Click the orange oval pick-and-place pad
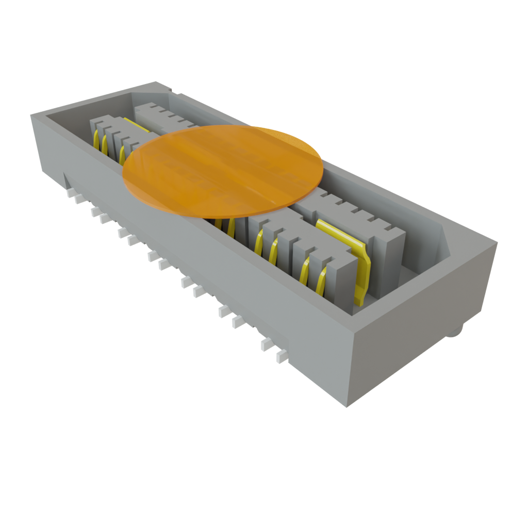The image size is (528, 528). click(x=223, y=170)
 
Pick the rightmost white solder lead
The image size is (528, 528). click(x=281, y=356)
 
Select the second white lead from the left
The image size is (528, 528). click(x=80, y=199)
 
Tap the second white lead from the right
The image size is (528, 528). click(x=266, y=343)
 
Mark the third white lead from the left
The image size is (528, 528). click(x=95, y=211)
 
